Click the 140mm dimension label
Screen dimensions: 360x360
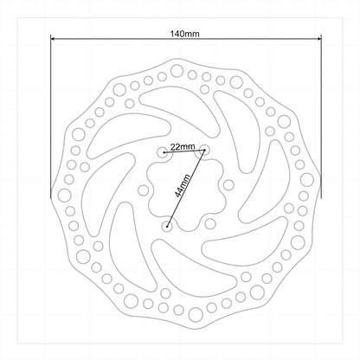184,34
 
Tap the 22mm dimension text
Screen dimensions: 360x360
183,147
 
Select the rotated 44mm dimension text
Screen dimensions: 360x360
183,185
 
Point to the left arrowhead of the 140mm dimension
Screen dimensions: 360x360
53,38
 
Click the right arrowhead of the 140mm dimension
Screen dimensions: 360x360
319,38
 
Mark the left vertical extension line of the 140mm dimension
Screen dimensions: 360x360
51,117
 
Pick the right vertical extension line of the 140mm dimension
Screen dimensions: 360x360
321,117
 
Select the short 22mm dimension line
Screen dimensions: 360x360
184,151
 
